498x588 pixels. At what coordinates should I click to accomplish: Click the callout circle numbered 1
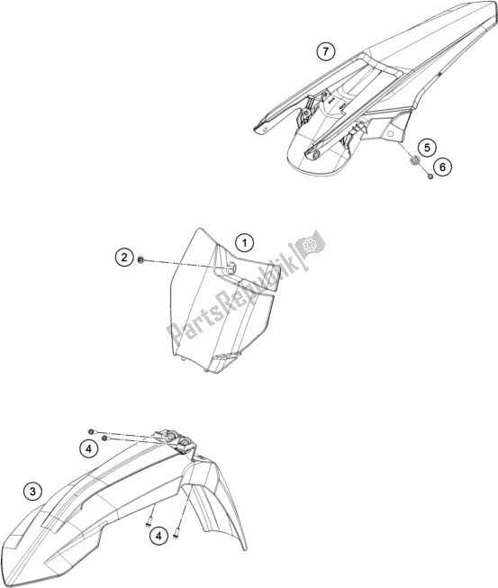(245, 243)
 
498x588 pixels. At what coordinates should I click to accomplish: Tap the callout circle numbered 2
(124, 258)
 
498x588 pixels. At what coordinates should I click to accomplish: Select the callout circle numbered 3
(32, 492)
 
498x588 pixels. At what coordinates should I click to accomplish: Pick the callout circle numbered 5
(427, 148)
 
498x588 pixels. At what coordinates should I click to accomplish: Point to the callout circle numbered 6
(442, 167)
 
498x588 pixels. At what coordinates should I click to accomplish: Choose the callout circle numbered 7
(325, 51)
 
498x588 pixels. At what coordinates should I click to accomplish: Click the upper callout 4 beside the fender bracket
(88, 448)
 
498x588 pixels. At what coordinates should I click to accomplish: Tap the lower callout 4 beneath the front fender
(158, 537)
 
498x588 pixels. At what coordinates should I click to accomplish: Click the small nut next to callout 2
(140, 259)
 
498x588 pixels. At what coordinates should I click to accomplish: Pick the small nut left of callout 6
(430, 176)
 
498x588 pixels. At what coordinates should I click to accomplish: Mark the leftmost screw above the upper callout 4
(90, 431)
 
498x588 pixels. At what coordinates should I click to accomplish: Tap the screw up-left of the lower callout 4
(149, 520)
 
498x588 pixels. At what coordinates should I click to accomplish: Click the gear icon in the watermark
(310, 245)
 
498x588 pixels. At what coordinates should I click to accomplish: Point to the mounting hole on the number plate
(231, 267)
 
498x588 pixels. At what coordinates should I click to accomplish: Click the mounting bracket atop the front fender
(174, 440)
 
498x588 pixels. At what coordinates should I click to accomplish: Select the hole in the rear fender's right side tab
(391, 133)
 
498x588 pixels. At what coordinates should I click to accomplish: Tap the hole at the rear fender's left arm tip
(265, 129)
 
